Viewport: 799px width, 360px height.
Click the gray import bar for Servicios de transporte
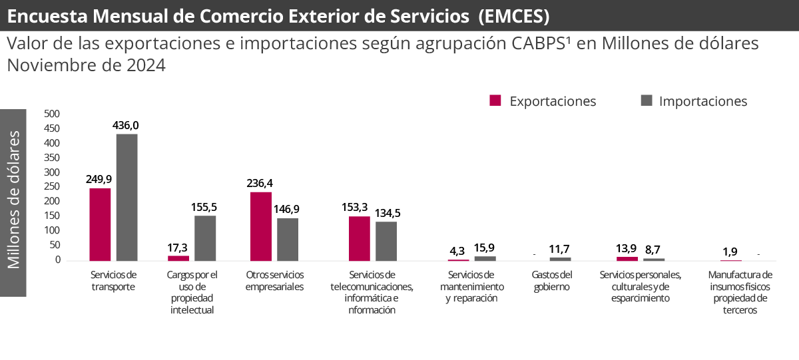127,197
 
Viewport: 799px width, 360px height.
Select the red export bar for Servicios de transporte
100,224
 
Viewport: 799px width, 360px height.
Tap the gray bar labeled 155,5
205,238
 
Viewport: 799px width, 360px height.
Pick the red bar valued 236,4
260,226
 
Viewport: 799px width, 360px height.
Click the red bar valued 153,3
359,238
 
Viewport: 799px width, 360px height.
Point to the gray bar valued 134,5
386,240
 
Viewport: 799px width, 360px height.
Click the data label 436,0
126,125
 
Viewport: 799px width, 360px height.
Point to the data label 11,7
560,250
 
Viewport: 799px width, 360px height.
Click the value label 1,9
730,252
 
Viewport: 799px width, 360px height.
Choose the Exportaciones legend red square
495,100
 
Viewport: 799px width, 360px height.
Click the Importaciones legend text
703,101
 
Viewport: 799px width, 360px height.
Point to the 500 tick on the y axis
52,114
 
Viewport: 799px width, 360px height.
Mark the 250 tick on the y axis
52,187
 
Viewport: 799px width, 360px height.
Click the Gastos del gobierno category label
552,280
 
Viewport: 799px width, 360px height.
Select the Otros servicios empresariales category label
274,280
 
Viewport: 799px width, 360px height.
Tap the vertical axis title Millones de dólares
14,200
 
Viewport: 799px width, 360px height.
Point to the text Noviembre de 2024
86,66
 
